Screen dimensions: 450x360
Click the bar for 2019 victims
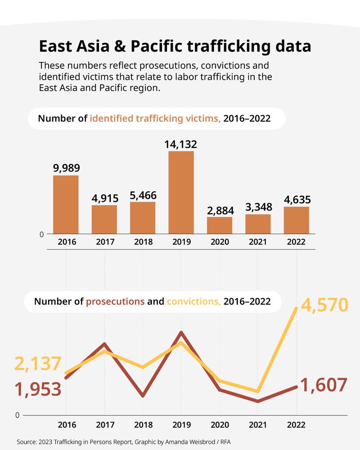click(x=181, y=192)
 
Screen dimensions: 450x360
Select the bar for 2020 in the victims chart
click(x=220, y=225)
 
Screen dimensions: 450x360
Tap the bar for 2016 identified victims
click(x=66, y=204)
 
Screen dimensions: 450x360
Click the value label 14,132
click(x=181, y=144)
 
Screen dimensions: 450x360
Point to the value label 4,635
click(x=296, y=199)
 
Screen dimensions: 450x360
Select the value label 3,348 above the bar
click(x=258, y=207)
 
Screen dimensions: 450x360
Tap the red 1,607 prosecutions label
click(x=323, y=385)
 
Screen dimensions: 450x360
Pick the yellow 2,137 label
click(x=38, y=364)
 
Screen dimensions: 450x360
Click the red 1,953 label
click(x=38, y=389)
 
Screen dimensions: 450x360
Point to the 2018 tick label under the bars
click(x=143, y=242)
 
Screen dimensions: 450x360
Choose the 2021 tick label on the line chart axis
click(x=258, y=425)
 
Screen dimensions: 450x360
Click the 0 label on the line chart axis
click(x=18, y=415)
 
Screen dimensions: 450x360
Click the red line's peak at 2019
click(x=181, y=333)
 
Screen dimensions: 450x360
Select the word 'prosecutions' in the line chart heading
click(x=115, y=301)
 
